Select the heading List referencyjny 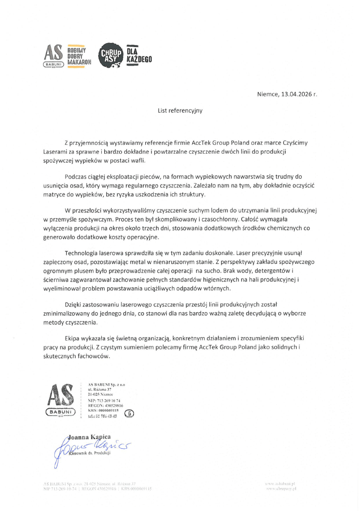[x=180, y=111]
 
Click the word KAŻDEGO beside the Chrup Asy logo [x=139, y=59]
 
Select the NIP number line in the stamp [x=104, y=400]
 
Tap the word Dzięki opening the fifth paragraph [x=73, y=306]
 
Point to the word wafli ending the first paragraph [x=144, y=160]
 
